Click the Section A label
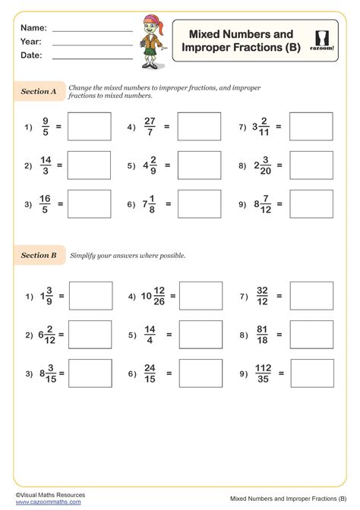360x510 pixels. click(39, 92)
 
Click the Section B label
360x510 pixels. click(39, 256)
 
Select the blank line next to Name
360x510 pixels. click(92, 29)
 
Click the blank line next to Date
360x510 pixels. click(92, 56)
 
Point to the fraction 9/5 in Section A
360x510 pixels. click(46, 127)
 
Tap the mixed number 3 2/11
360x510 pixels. click(261, 127)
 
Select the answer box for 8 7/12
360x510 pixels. click(311, 204)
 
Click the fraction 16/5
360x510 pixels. click(46, 204)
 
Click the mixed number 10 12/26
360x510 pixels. click(152, 297)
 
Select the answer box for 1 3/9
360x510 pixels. click(90, 297)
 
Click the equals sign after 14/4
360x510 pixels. click(168, 335)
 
